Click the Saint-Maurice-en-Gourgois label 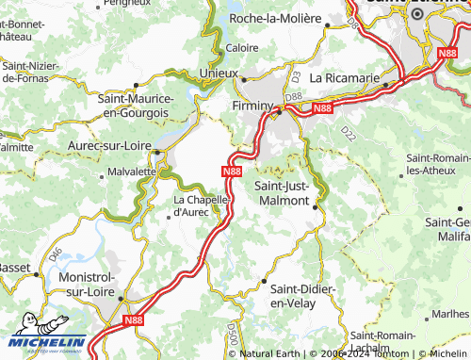(135, 105)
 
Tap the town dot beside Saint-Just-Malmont (317, 202)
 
